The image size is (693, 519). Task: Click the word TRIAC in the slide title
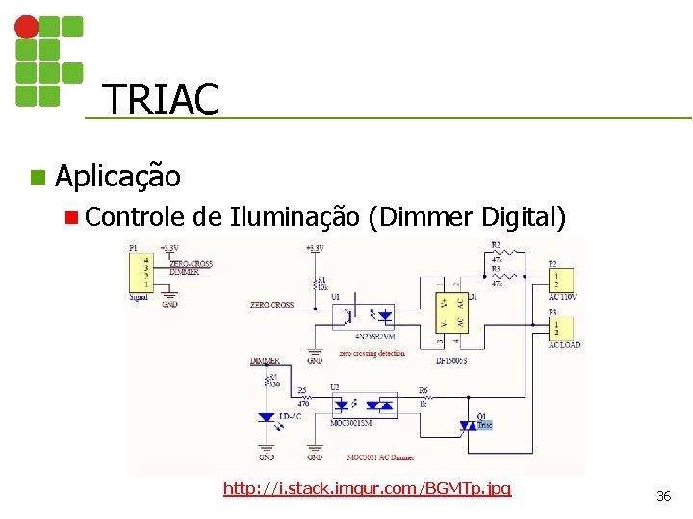coord(161,99)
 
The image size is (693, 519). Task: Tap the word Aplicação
coord(117,177)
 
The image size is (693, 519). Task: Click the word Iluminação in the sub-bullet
coord(295,218)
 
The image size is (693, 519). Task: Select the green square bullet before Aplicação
coord(37,177)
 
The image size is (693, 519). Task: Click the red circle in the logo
coord(27,27)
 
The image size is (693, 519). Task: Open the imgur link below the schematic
coord(367,489)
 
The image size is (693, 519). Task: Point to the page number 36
coord(663,496)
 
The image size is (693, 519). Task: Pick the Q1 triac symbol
coord(467,423)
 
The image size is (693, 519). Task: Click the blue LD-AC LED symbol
coord(267,417)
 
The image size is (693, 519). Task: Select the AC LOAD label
coord(564,344)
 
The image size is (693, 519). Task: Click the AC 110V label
coord(562,296)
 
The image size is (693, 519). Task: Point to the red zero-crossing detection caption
coord(372,353)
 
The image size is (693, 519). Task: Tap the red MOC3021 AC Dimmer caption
coord(380,457)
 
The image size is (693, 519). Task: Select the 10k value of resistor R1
coord(323,287)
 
